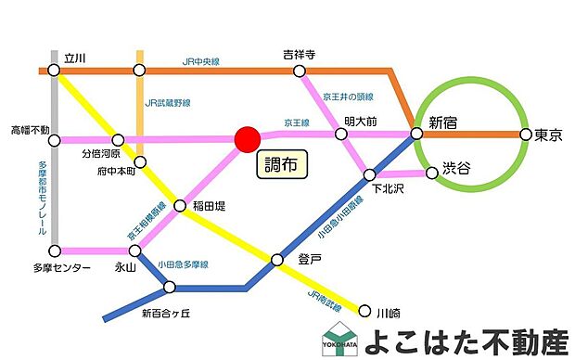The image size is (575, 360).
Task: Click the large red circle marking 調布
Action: [247, 139]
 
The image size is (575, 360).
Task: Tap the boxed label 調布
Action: [281, 165]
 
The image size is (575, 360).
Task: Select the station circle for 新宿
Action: [416, 134]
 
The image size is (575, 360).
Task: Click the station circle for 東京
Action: [526, 134]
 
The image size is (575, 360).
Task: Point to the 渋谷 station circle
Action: [431, 172]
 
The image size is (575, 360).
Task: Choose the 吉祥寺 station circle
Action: [299, 71]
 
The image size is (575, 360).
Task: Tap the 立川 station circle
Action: [57, 71]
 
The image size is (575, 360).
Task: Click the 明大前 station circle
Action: [341, 135]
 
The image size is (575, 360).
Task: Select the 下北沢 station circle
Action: [369, 174]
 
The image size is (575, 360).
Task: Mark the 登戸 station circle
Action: [276, 260]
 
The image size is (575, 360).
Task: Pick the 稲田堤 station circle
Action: [180, 205]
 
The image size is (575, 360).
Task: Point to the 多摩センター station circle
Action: [56, 251]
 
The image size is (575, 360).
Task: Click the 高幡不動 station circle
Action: [56, 141]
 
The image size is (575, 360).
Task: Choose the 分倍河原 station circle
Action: [117, 140]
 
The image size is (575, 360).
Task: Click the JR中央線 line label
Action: [202, 62]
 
